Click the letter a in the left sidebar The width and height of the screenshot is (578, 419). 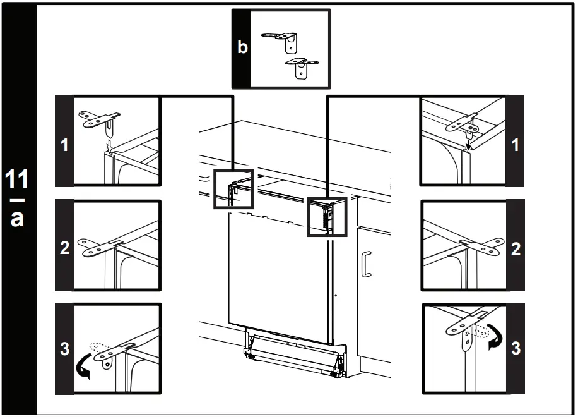pos(18,217)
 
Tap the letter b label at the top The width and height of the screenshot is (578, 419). pos(242,47)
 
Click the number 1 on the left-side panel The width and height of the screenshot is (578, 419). pos(64,145)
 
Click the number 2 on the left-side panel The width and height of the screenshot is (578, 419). pos(64,248)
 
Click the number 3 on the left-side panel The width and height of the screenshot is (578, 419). pos(64,348)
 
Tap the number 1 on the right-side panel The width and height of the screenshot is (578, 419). pos(515,145)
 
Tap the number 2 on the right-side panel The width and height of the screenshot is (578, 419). pos(515,248)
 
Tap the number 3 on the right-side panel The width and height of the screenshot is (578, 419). pos(515,348)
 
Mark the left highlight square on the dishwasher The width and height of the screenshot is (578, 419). pos(233,189)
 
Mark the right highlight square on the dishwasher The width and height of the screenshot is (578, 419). pos(327,216)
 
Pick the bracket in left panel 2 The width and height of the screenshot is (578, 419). pos(101,246)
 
